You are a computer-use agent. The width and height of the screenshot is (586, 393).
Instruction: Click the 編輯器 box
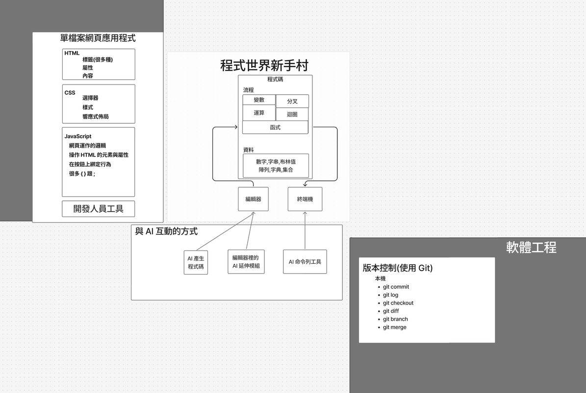pyautogui.click(x=253, y=199)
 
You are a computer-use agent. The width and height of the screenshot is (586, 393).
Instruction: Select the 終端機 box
pyautogui.click(x=305, y=199)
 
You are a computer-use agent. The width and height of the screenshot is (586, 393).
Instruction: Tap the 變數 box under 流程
pyautogui.click(x=259, y=100)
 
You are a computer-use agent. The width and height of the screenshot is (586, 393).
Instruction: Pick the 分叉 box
pyautogui.click(x=292, y=101)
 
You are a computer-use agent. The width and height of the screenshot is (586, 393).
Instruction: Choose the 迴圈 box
pyautogui.click(x=292, y=114)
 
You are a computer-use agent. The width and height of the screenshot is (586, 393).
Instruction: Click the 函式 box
pyautogui.click(x=275, y=127)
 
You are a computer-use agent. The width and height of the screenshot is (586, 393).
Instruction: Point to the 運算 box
pyautogui.click(x=259, y=113)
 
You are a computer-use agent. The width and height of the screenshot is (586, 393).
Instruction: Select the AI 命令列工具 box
pyautogui.click(x=305, y=262)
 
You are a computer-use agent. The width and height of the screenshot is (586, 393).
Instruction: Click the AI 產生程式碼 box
pyautogui.click(x=196, y=263)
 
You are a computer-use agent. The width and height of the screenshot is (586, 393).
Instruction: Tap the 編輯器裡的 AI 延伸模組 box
pyautogui.click(x=246, y=262)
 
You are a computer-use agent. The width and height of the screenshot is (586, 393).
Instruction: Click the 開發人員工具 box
pyautogui.click(x=98, y=209)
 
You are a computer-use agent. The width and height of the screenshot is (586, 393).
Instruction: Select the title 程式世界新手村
pyautogui.click(x=264, y=65)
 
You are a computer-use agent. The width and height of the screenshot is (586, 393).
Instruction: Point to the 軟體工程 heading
pyautogui.click(x=531, y=247)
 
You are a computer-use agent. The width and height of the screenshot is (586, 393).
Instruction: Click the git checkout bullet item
pyautogui.click(x=398, y=303)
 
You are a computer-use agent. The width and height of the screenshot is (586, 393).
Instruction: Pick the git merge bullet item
pyautogui.click(x=394, y=327)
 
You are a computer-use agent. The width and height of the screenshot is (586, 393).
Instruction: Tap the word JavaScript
pyautogui.click(x=77, y=136)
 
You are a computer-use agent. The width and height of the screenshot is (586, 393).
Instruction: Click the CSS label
pyautogui.click(x=70, y=92)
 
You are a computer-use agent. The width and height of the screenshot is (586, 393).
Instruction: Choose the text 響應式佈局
pyautogui.click(x=95, y=116)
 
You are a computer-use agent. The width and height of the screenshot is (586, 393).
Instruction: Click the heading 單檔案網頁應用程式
pyautogui.click(x=98, y=38)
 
